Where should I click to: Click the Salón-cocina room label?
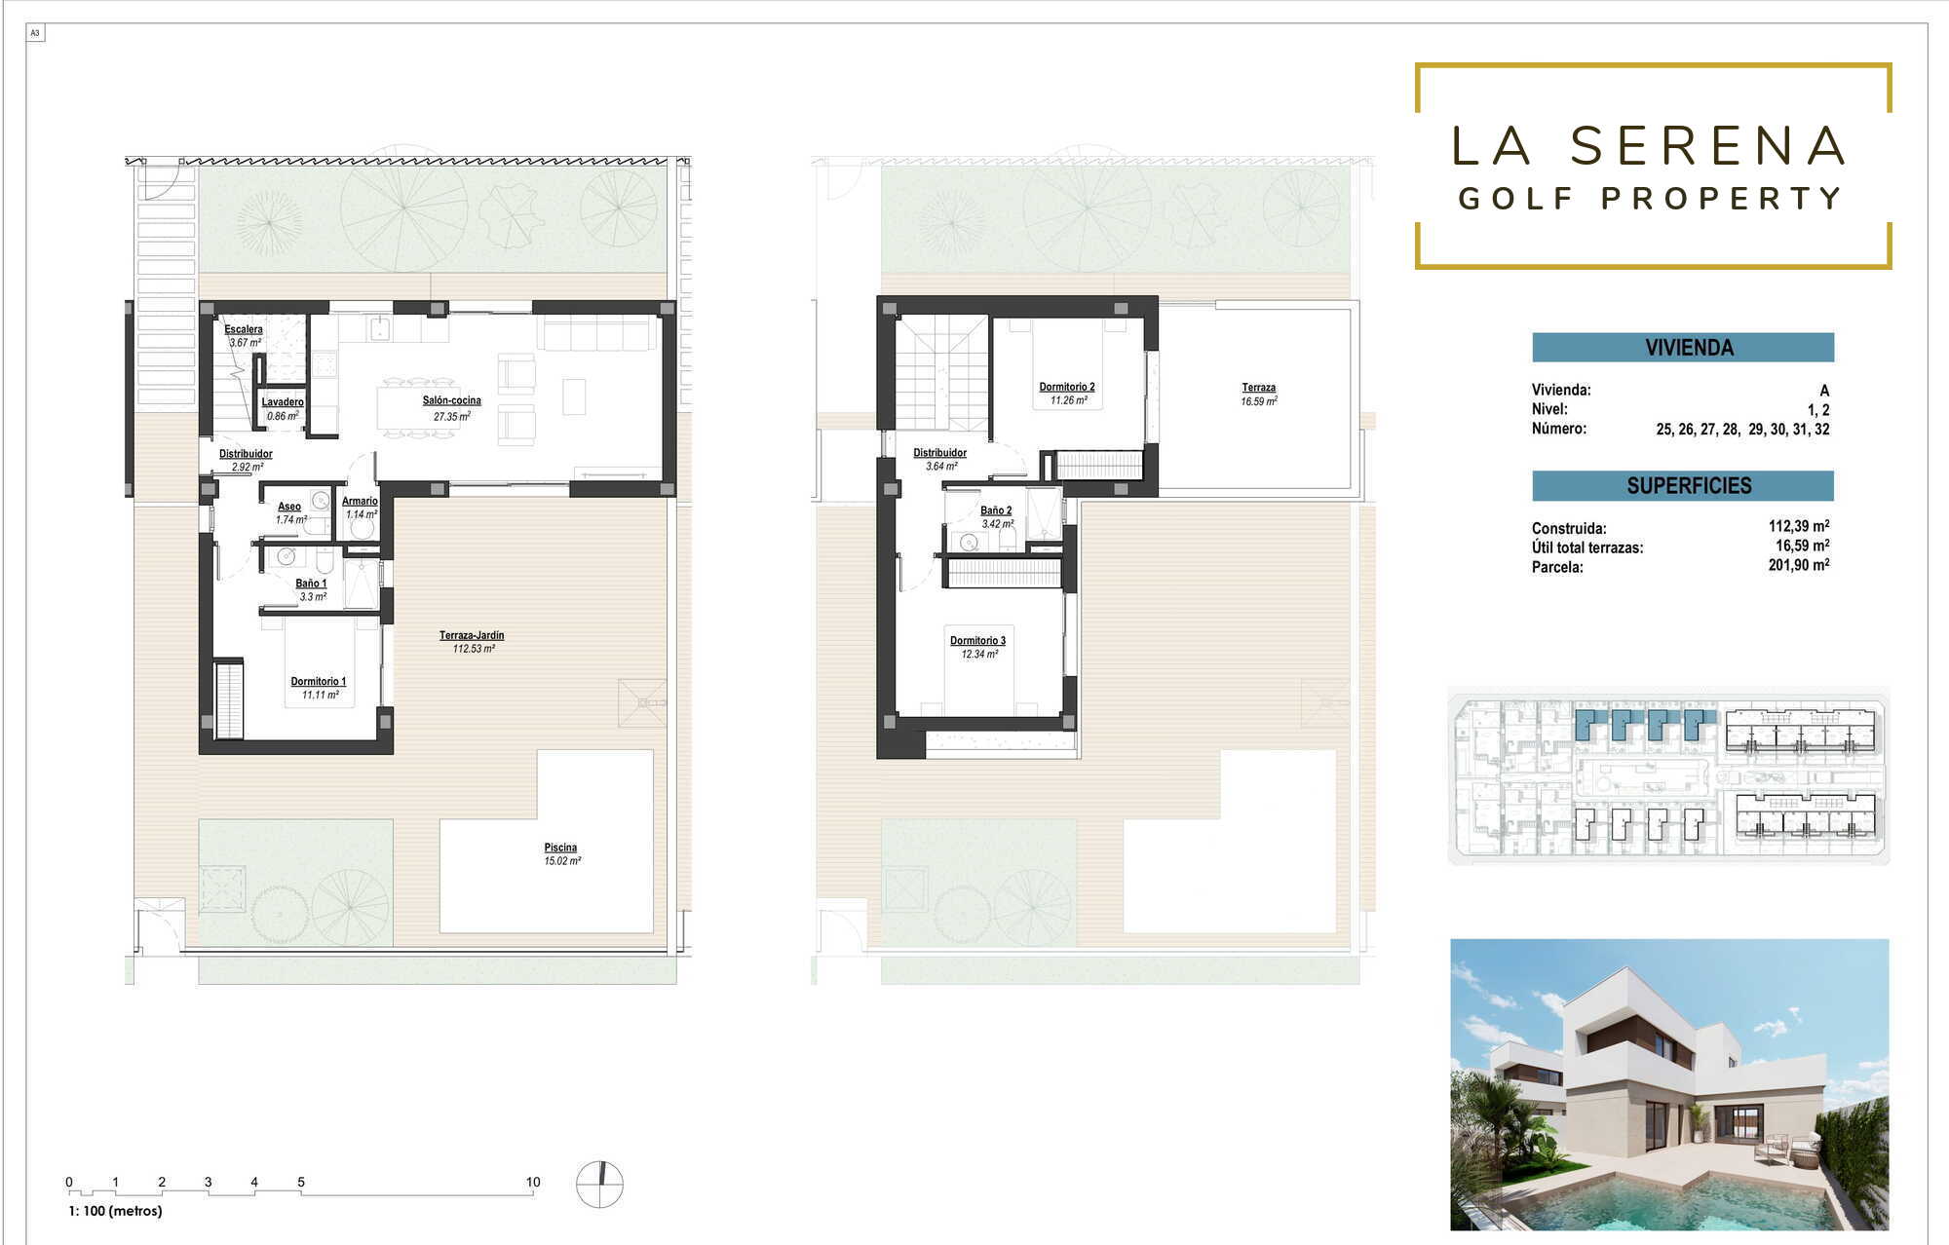pos(451,400)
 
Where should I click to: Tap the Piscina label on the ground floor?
pos(560,848)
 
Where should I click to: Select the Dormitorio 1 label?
pos(318,682)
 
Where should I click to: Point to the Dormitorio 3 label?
pos(977,641)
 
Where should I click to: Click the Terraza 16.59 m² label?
pos(1259,394)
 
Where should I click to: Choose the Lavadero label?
pos(283,402)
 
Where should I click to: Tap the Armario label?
pos(360,501)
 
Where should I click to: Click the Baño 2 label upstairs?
pos(996,510)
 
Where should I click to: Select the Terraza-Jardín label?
pos(472,635)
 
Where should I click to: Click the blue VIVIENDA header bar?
pos(1683,348)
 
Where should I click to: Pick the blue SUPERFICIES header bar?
pos(1683,485)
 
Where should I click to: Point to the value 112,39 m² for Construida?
pos(1799,526)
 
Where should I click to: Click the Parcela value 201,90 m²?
pos(1799,565)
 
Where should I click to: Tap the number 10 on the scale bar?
pos(533,1182)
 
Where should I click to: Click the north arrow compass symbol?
pos(599,1185)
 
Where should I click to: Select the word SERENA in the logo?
pos(1708,146)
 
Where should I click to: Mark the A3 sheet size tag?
pos(35,33)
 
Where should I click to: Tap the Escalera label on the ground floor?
pos(244,329)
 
